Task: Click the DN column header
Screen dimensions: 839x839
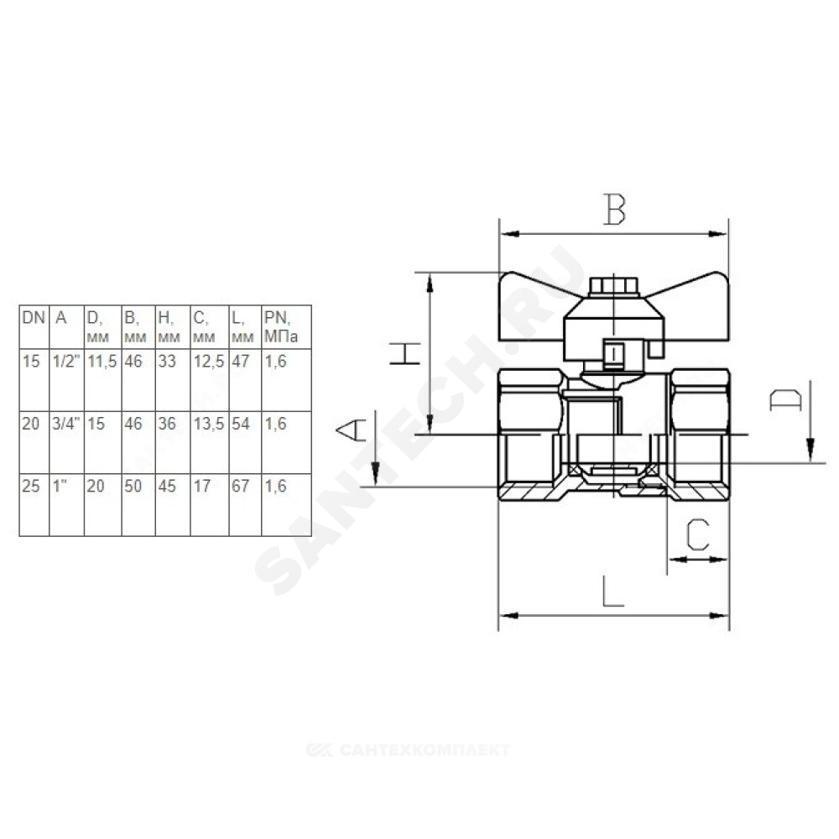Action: click(x=34, y=318)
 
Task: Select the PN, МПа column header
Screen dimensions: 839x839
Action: click(x=280, y=327)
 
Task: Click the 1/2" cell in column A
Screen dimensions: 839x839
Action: click(x=66, y=361)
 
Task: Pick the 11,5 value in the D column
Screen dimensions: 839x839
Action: click(x=102, y=362)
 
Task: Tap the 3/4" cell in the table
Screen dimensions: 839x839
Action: click(x=66, y=424)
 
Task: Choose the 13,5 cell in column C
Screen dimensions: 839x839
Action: click(x=209, y=425)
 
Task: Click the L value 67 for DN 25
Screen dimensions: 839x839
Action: click(x=241, y=486)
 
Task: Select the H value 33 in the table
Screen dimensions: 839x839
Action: click(x=167, y=361)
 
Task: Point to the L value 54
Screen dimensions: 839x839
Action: click(x=241, y=424)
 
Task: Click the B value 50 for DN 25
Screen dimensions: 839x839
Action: click(x=133, y=486)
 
